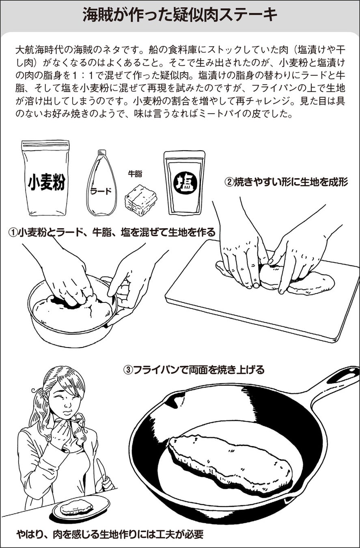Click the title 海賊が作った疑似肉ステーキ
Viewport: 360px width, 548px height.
tap(180, 15)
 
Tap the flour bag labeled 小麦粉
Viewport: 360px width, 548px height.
tap(45, 178)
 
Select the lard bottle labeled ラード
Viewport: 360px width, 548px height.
tap(101, 183)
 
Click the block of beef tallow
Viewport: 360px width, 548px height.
tap(140, 200)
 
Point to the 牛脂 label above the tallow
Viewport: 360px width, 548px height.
tap(135, 174)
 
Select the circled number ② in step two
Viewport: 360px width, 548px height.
tap(229, 182)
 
